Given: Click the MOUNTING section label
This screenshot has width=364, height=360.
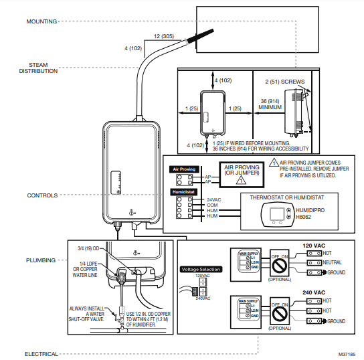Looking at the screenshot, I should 41,21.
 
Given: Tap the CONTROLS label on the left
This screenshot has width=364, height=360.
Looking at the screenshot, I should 41,195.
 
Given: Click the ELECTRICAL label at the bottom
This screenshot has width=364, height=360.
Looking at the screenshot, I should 41,335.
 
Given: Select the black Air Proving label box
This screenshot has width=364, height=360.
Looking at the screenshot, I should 184,169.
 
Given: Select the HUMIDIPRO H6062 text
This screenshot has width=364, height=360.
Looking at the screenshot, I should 309,213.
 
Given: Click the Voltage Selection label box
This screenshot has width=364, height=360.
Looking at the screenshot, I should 200,268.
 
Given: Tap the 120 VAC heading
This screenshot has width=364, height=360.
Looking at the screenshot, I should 314,245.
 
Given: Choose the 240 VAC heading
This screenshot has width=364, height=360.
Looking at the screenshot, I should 314,292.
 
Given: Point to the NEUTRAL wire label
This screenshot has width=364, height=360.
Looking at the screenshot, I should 332,263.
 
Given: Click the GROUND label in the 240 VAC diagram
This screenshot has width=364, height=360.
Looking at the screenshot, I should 334,321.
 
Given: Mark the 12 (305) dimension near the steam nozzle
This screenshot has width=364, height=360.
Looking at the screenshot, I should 164,35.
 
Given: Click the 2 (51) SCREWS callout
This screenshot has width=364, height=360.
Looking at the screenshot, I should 284,82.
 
